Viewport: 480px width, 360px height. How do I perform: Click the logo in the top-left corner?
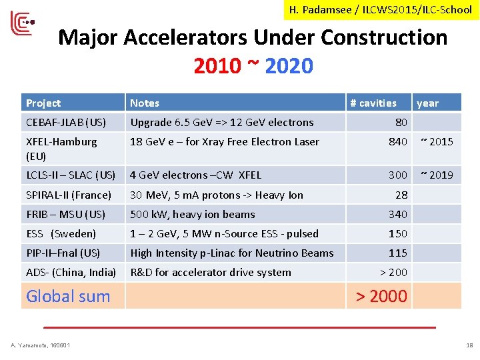coord(21,24)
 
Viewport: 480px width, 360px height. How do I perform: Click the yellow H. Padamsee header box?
coord(381,10)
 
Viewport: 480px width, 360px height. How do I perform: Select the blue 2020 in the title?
coord(289,66)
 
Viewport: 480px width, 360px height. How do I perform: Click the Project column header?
coord(43,103)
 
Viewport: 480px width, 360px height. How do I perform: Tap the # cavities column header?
coord(373,103)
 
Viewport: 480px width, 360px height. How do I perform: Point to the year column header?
coord(427,103)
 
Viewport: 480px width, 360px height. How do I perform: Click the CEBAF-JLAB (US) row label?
coord(66,122)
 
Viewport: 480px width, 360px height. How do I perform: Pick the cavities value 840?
coord(398,141)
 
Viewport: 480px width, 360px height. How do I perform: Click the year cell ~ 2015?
coord(436,141)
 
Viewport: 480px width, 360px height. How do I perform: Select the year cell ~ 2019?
coord(436,175)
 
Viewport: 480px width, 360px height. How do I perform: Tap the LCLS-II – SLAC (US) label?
coord(71,175)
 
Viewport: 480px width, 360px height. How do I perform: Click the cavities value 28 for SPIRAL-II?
coord(401,195)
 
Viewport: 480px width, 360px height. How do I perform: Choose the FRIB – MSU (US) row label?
coord(65,214)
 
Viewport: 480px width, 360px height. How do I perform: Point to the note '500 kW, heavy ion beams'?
coord(193,214)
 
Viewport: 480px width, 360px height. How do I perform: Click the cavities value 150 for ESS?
coord(398,233)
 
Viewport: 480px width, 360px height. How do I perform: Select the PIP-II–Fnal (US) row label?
coord(63,253)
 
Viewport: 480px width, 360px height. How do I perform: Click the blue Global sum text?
coord(68,296)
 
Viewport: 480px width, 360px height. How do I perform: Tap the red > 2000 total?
coord(381,296)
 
